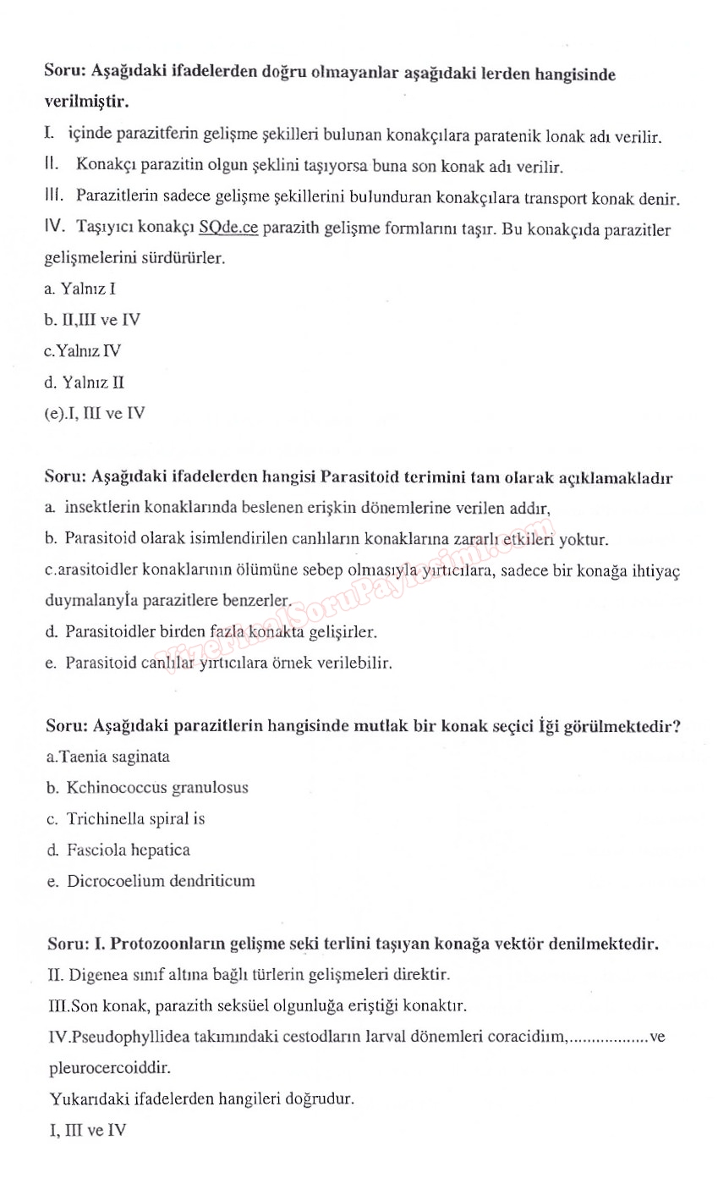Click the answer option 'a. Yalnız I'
point(79,289)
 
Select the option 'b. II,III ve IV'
point(92,320)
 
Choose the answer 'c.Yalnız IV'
point(82,351)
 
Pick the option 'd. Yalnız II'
point(84,383)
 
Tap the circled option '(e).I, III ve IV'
point(95,414)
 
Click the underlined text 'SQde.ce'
point(228,228)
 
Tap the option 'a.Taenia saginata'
point(108,757)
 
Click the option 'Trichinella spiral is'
point(136,819)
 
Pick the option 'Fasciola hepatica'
point(129,850)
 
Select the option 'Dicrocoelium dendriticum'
point(161,881)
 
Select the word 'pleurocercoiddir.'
point(104,1068)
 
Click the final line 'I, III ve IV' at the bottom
point(87,1130)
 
